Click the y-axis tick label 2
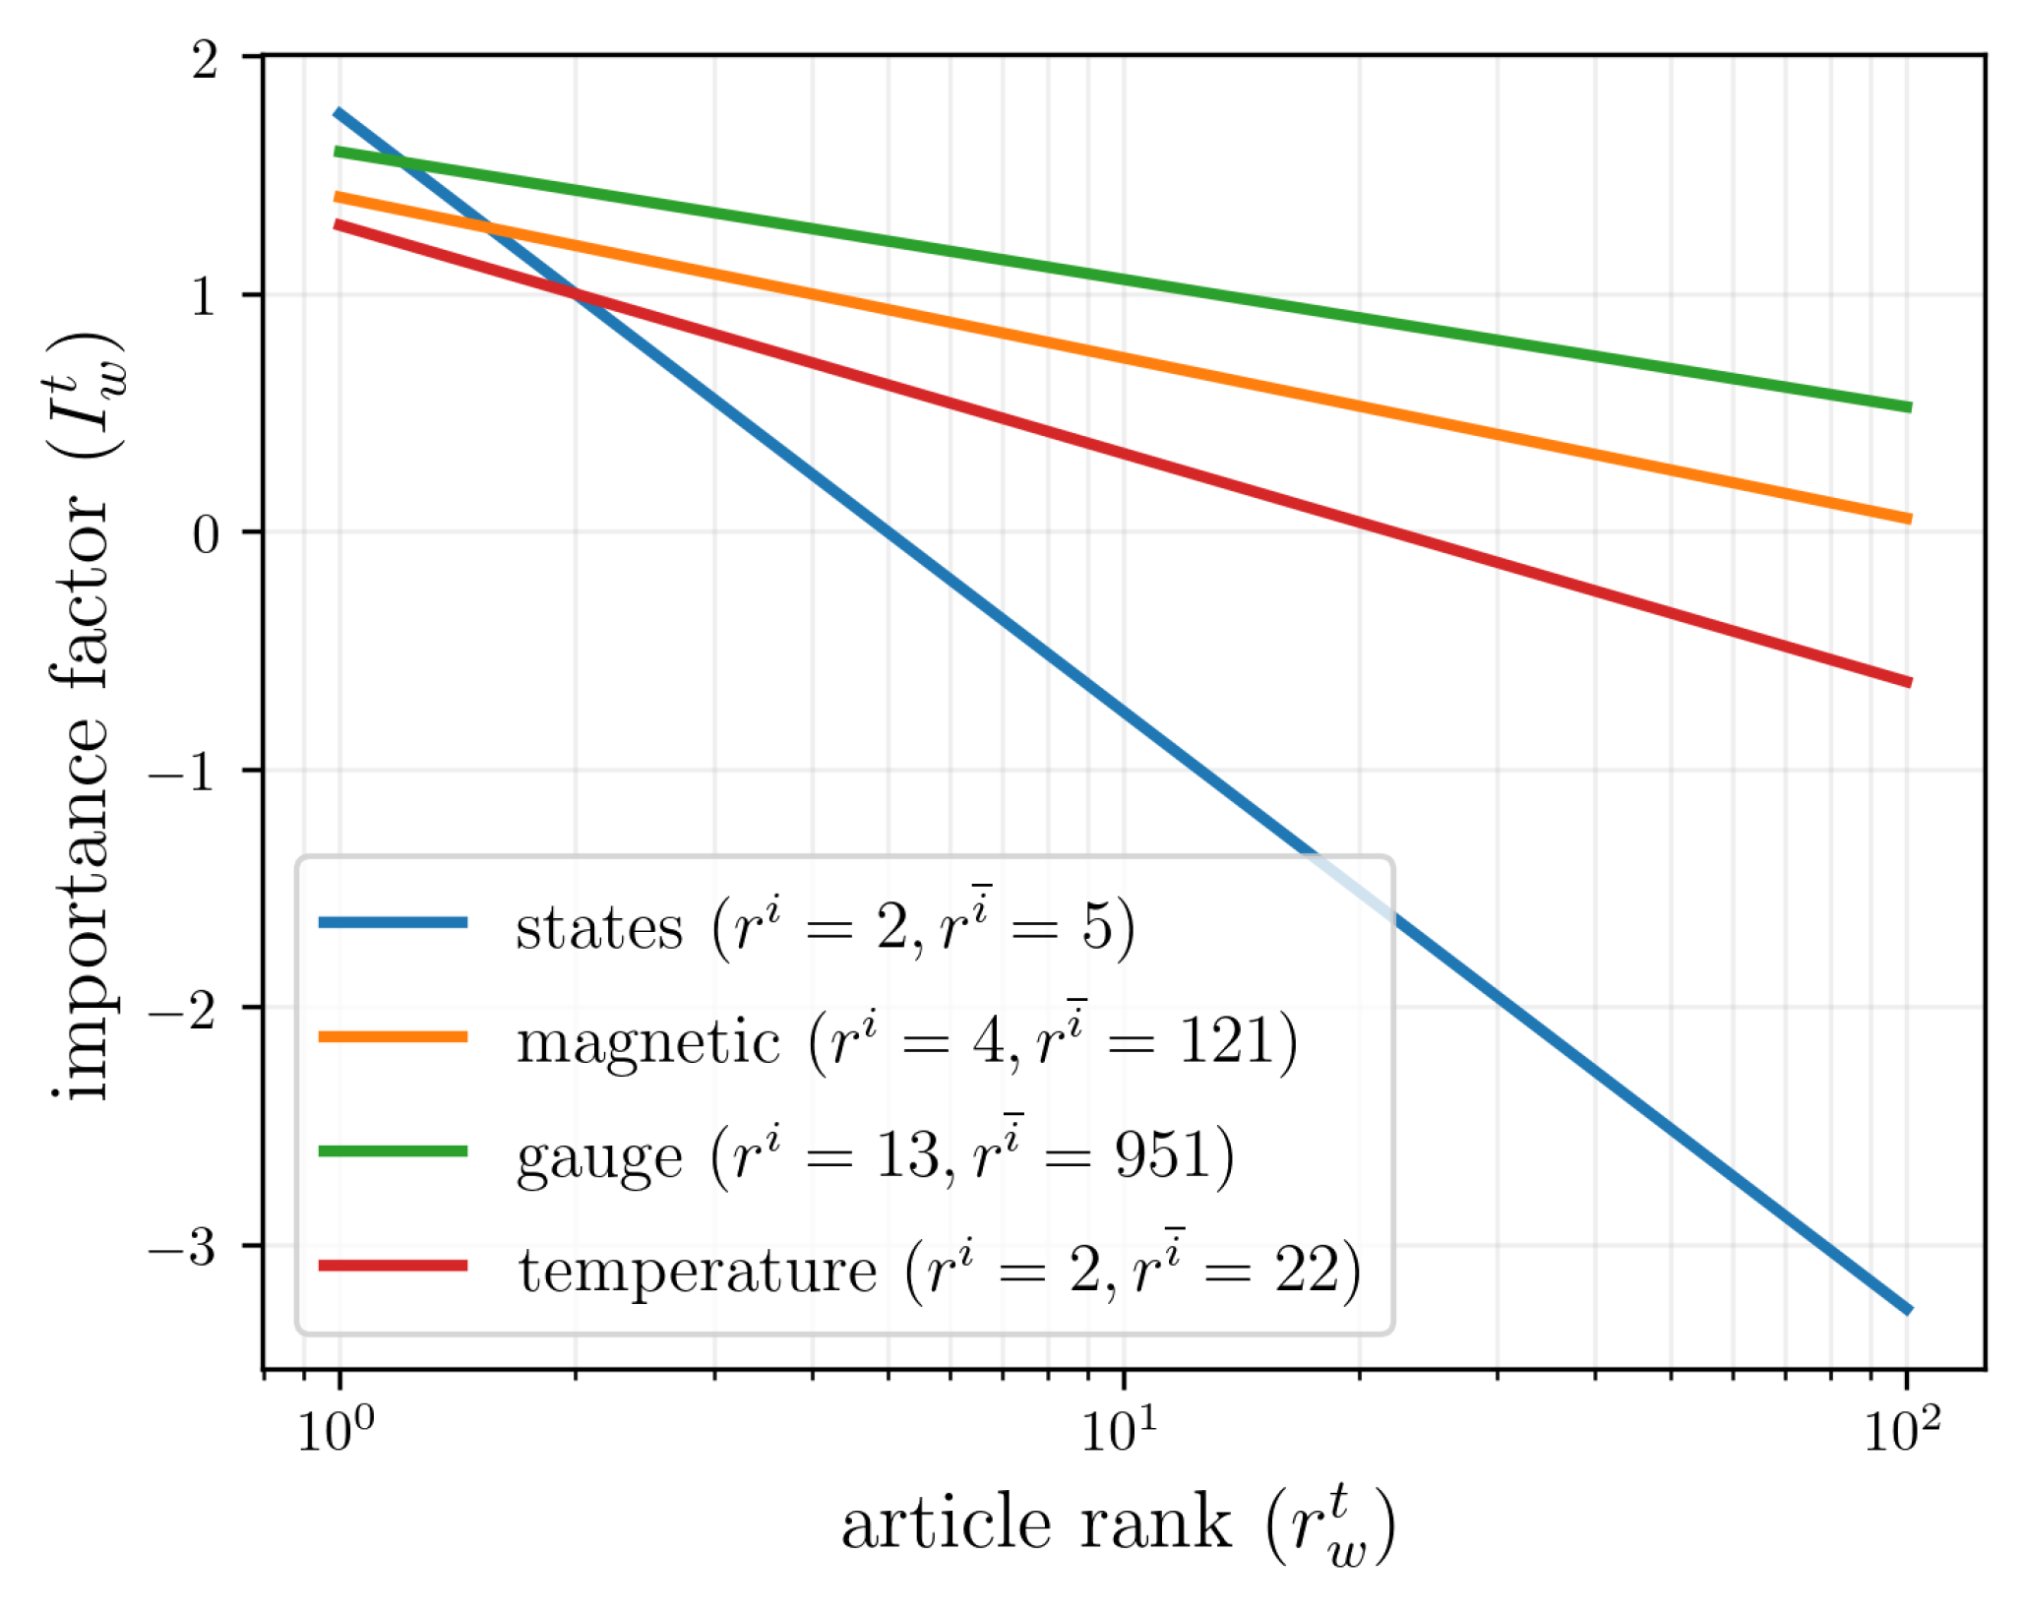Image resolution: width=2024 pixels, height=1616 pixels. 205,61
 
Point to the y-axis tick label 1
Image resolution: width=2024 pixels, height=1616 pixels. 205,296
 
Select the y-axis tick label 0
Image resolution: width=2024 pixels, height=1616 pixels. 205,534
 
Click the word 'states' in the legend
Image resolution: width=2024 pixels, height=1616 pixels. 598,928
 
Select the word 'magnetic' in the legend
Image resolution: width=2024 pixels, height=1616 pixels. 648,1042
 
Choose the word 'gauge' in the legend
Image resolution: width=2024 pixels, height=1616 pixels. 598,1157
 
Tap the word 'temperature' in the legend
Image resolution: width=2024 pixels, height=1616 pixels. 698,1271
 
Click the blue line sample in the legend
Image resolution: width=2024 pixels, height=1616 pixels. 393,922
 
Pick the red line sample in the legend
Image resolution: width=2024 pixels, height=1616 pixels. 393,1265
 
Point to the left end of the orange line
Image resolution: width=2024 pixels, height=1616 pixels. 337,197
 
